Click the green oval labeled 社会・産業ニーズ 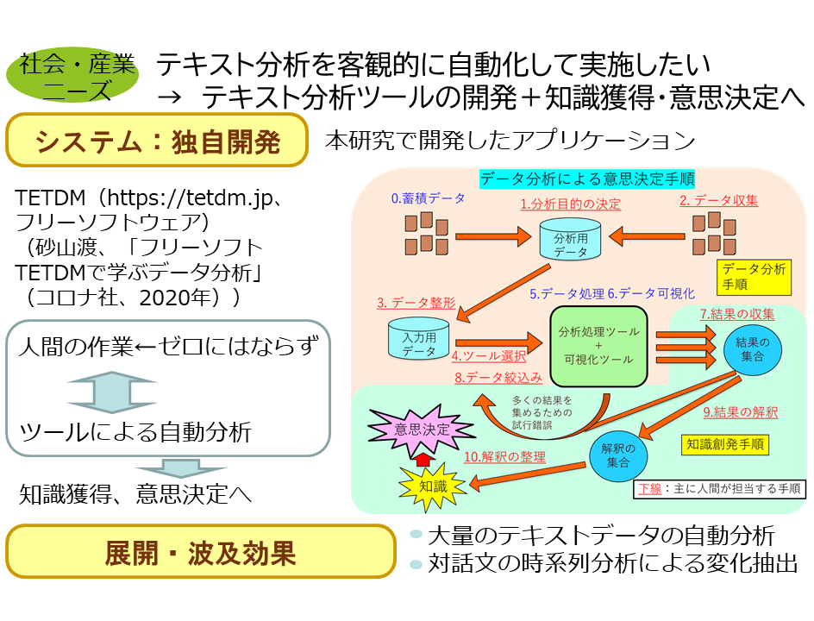(78, 76)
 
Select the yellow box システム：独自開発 (157, 141)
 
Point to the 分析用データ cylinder (570, 240)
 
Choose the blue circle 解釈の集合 (618, 455)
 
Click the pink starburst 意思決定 (423, 429)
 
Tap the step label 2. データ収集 (718, 200)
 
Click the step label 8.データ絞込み (498, 377)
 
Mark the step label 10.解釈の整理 (505, 456)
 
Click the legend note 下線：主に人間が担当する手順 (719, 489)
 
